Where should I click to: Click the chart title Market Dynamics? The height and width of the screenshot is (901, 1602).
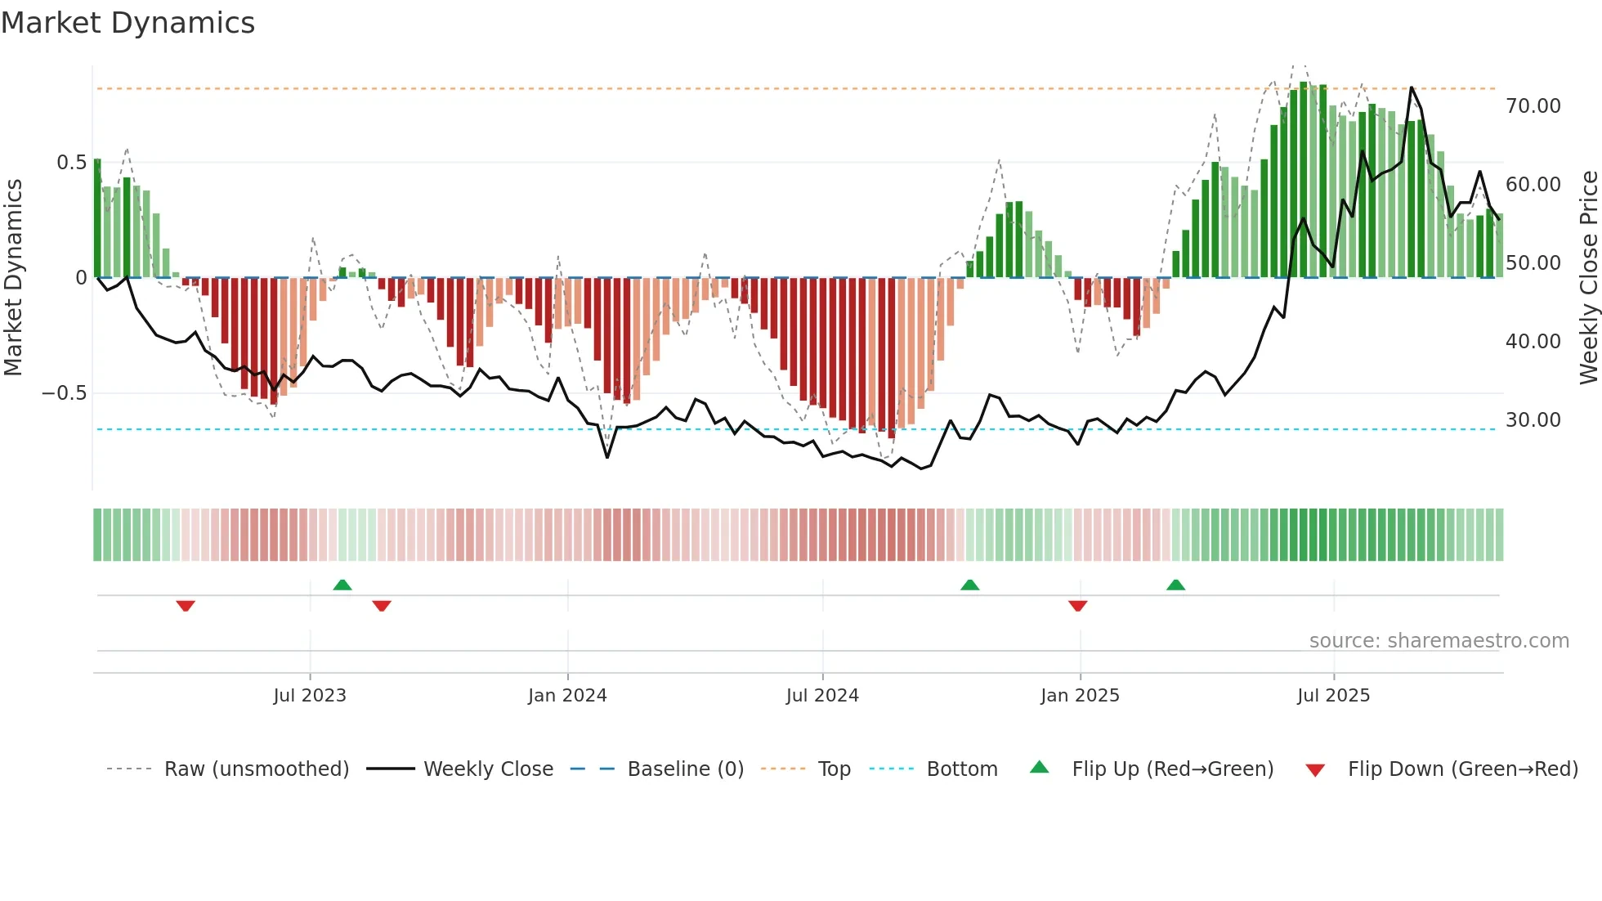[128, 23]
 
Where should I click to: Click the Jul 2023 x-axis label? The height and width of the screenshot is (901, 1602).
[310, 696]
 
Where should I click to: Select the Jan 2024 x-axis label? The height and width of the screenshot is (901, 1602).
[567, 696]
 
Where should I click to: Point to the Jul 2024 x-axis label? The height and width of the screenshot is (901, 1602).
[822, 696]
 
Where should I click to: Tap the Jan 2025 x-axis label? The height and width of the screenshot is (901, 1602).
[1080, 696]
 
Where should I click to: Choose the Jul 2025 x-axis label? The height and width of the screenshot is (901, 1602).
[1333, 696]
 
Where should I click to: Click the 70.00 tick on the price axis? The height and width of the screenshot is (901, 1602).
[1533, 106]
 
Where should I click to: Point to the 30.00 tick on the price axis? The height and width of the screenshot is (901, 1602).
[1533, 420]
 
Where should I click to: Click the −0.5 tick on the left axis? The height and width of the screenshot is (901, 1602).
[65, 393]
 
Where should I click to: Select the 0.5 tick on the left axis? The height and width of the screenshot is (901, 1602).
[72, 163]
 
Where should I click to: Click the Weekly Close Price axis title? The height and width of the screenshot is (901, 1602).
[1588, 278]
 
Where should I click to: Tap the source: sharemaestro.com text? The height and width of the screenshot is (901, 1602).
[1439, 641]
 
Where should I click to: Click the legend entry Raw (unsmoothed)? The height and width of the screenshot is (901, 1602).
[256, 769]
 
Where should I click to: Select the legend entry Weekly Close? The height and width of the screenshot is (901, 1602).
[488, 769]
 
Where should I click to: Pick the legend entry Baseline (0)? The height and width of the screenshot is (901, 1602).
[685, 769]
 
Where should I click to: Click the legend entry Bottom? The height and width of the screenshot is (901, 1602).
[961, 769]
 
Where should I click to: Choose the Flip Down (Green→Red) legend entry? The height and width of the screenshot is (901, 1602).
[1462, 769]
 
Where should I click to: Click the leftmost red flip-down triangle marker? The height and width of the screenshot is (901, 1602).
[186, 606]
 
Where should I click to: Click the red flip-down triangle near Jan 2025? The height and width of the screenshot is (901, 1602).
[1077, 606]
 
